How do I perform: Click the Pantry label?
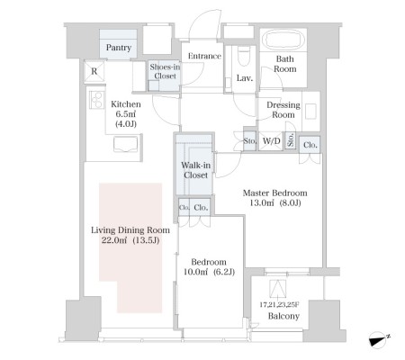coord(119,48)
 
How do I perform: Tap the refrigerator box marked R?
coord(94,71)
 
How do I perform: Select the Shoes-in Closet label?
coord(165,71)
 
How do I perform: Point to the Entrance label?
coord(204,56)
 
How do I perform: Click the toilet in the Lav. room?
coord(243,56)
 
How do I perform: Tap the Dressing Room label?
coord(283,110)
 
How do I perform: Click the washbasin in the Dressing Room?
coord(310,111)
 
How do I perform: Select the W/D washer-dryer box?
coord(271,140)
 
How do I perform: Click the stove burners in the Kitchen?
coord(96,100)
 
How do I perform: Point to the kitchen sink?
coord(126,144)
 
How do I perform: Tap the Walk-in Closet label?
coord(195,170)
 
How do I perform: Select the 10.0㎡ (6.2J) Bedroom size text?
coord(209,272)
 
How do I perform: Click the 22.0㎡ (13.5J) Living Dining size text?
coord(130,240)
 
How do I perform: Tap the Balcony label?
coord(283,316)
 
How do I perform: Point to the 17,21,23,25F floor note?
coord(280,305)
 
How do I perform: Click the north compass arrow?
coord(379,339)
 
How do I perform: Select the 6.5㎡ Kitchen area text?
coord(126,114)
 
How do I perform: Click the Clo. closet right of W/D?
coord(310,145)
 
